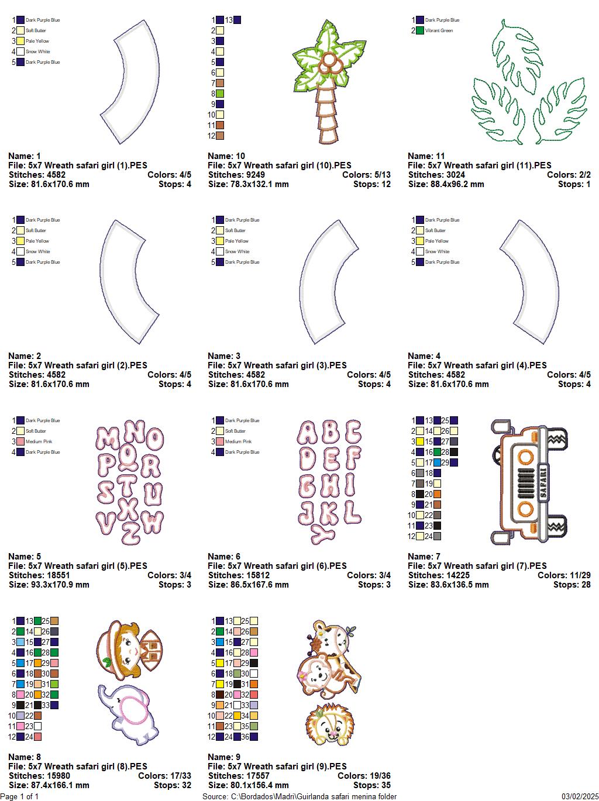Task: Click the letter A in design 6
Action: (309, 433)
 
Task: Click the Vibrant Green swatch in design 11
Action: (419, 30)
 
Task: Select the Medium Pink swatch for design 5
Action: (20, 441)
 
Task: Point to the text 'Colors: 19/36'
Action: (364, 776)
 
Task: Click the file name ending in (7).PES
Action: (477, 566)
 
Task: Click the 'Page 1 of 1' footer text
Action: (20, 796)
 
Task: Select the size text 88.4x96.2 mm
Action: (446, 184)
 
